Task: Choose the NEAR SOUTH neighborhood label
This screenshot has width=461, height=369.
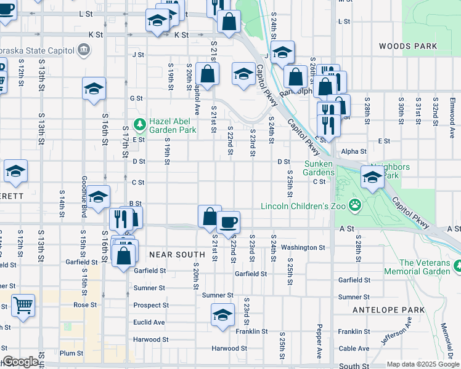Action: click(176, 255)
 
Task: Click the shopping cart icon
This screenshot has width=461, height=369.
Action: click(23, 304)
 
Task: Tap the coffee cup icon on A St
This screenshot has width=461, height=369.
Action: click(227, 221)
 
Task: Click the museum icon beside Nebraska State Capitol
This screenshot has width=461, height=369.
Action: click(83, 49)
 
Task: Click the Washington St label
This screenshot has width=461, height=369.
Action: click(303, 248)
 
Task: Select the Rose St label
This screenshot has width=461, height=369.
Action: click(86, 304)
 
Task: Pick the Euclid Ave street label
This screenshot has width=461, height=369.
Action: click(149, 322)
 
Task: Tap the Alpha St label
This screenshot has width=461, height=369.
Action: click(353, 151)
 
